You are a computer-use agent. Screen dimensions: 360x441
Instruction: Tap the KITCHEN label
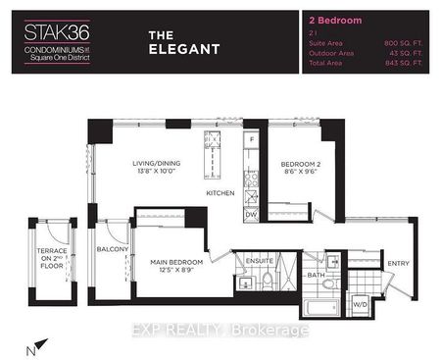click(220, 194)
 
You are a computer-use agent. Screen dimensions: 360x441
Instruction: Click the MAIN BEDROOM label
click(177, 262)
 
